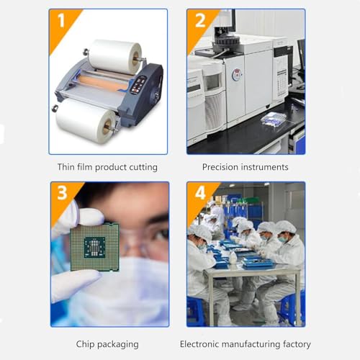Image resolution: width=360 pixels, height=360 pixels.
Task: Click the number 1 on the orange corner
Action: pyautogui.click(x=61, y=20)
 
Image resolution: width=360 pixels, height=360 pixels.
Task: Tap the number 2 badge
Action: pyautogui.click(x=200, y=20)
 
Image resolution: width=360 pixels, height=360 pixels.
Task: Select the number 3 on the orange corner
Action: pyautogui.click(x=62, y=193)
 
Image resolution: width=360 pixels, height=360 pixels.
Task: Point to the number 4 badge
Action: pyautogui.click(x=200, y=193)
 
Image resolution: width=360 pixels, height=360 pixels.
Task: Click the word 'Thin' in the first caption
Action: pyautogui.click(x=66, y=167)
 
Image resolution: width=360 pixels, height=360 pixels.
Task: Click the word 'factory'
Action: pyautogui.click(x=297, y=345)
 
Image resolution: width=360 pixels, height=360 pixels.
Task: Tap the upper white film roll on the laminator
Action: pyautogui.click(x=114, y=55)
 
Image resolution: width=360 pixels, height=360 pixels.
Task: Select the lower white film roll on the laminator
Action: pyautogui.click(x=86, y=121)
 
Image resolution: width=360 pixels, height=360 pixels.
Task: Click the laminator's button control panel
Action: pyautogui.click(x=138, y=85)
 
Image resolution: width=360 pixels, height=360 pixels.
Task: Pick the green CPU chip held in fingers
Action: pyautogui.click(x=95, y=247)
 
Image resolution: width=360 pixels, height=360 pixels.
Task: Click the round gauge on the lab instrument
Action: pyautogui.click(x=237, y=75)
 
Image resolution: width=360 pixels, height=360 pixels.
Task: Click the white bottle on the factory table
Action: pyautogui.click(x=233, y=258)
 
